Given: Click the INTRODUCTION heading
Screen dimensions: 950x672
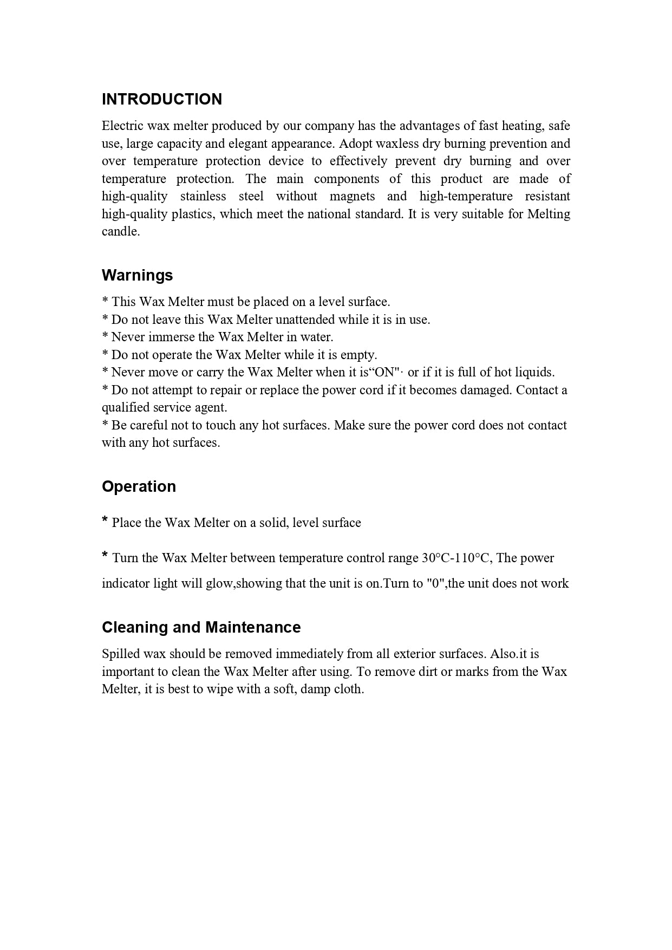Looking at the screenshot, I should [x=161, y=99].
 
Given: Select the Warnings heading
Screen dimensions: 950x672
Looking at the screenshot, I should [x=137, y=275].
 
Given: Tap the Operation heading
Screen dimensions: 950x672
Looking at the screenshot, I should [x=139, y=486].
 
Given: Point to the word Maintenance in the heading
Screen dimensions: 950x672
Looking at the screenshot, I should [x=253, y=627].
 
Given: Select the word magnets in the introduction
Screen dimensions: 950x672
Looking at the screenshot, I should [x=352, y=196].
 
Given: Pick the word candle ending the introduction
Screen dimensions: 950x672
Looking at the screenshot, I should [x=120, y=231].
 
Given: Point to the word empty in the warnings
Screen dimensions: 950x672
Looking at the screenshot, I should [x=357, y=355].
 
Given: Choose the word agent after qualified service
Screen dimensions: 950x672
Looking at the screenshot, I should [x=212, y=407].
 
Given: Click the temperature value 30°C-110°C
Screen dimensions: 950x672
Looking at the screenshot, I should [x=456, y=558].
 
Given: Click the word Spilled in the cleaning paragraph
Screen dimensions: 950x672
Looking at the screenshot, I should [x=120, y=654].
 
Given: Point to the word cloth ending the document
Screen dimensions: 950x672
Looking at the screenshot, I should [x=348, y=689].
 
